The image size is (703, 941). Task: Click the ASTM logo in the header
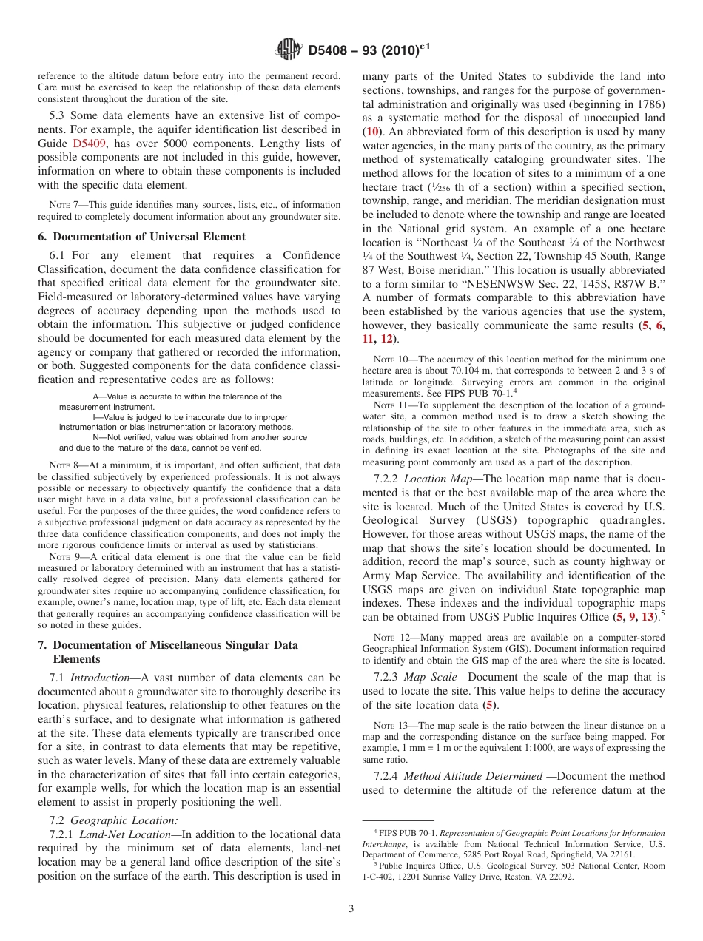coord(289,50)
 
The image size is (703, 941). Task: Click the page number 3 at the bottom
coord(351,908)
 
